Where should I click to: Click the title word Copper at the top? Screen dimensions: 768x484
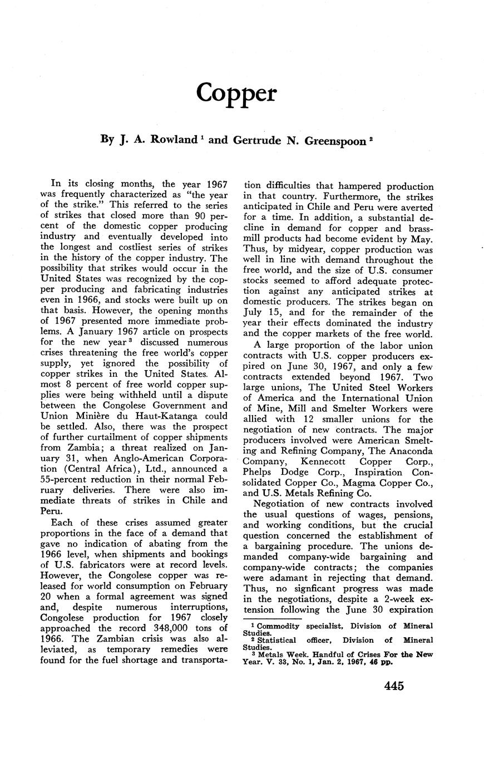click(x=236, y=93)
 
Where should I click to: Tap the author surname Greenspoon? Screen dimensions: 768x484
click(x=324, y=140)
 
